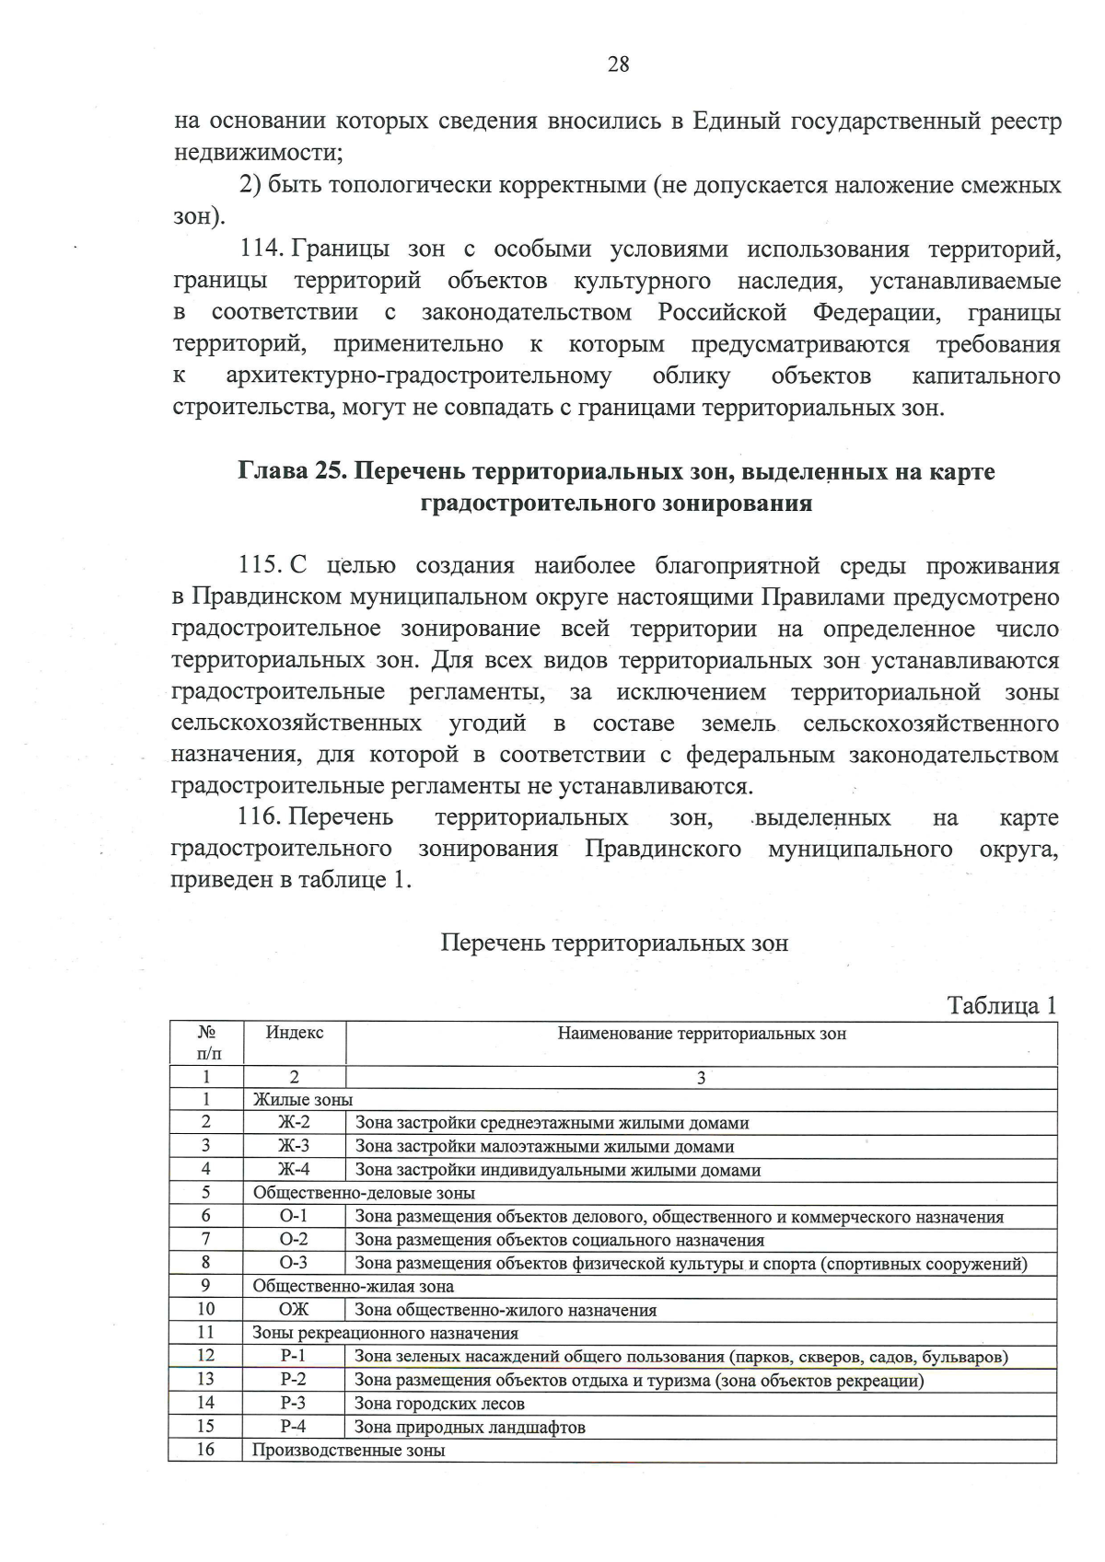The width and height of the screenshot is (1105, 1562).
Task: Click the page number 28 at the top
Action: click(x=618, y=64)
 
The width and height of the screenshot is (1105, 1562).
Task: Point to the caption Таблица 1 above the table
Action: click(x=1002, y=1006)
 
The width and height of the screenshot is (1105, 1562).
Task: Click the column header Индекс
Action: click(x=295, y=1033)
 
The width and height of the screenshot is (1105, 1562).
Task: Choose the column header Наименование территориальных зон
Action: click(x=702, y=1034)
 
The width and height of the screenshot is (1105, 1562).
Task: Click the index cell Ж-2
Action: click(x=295, y=1123)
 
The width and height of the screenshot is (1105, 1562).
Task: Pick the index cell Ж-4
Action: click(x=295, y=1170)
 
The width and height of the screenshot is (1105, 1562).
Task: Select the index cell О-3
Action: click(x=294, y=1263)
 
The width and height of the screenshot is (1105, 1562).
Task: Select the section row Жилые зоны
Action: click(x=303, y=1100)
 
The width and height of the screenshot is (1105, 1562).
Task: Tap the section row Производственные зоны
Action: click(x=349, y=1451)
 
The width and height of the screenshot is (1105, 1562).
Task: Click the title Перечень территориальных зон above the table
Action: click(x=614, y=943)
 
